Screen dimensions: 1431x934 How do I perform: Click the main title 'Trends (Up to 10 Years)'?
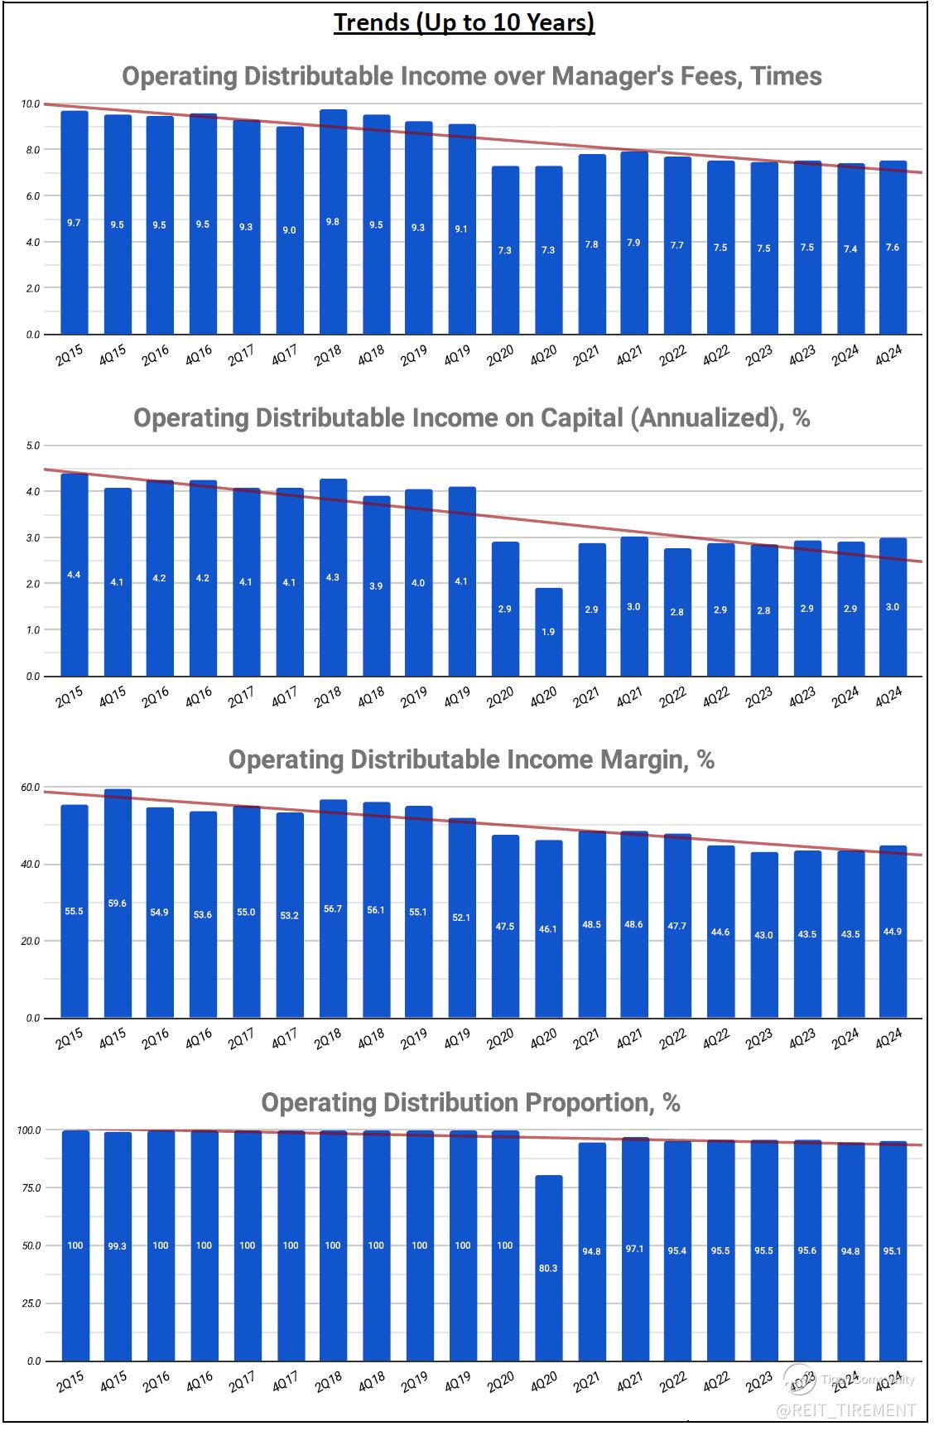pos(464,22)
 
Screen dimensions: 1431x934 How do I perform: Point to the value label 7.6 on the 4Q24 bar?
pos(892,247)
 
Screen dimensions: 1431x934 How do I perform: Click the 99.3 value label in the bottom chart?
pos(118,1246)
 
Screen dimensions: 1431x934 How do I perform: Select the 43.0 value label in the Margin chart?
pos(763,935)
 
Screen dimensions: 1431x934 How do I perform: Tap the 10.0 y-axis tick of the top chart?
pos(31,104)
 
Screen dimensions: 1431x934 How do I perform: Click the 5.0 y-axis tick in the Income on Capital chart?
pos(33,446)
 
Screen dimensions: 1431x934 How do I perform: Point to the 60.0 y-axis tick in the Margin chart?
pos(31,788)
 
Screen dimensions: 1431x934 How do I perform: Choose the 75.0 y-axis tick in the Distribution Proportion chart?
pos(31,1188)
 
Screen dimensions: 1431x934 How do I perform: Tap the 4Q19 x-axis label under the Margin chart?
pos(456,1039)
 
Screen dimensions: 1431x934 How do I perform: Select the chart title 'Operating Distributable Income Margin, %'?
pos(471,759)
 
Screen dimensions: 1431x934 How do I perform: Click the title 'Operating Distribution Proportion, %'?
pos(470,1102)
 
